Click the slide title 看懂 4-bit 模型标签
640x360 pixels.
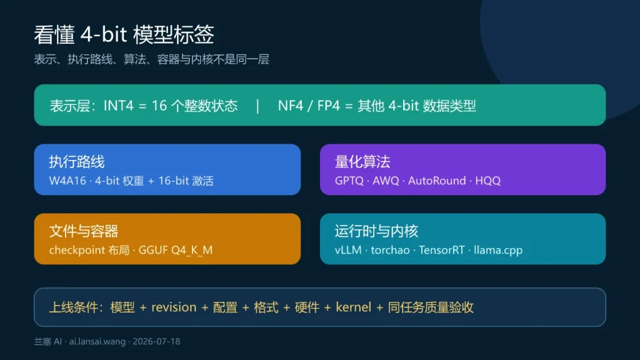click(124, 34)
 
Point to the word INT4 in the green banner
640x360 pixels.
click(118, 106)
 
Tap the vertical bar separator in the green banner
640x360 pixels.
click(257, 106)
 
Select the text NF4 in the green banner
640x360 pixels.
click(290, 106)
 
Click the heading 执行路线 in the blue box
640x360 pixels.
click(77, 162)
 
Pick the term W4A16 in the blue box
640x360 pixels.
click(67, 181)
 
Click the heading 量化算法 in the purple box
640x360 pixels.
click(362, 162)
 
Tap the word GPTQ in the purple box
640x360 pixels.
click(349, 181)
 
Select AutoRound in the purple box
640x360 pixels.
click(437, 181)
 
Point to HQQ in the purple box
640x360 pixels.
click(487, 181)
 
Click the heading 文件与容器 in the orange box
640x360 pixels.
click(84, 231)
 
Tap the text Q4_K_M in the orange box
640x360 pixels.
click(192, 250)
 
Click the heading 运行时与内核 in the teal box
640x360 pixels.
click(376, 231)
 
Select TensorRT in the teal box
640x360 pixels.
click(441, 250)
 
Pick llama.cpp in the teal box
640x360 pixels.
click(498, 250)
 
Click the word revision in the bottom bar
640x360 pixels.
click(174, 307)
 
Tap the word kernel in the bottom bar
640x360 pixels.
click(354, 307)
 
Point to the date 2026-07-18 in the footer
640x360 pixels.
click(156, 342)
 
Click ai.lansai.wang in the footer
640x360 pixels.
click(97, 342)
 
